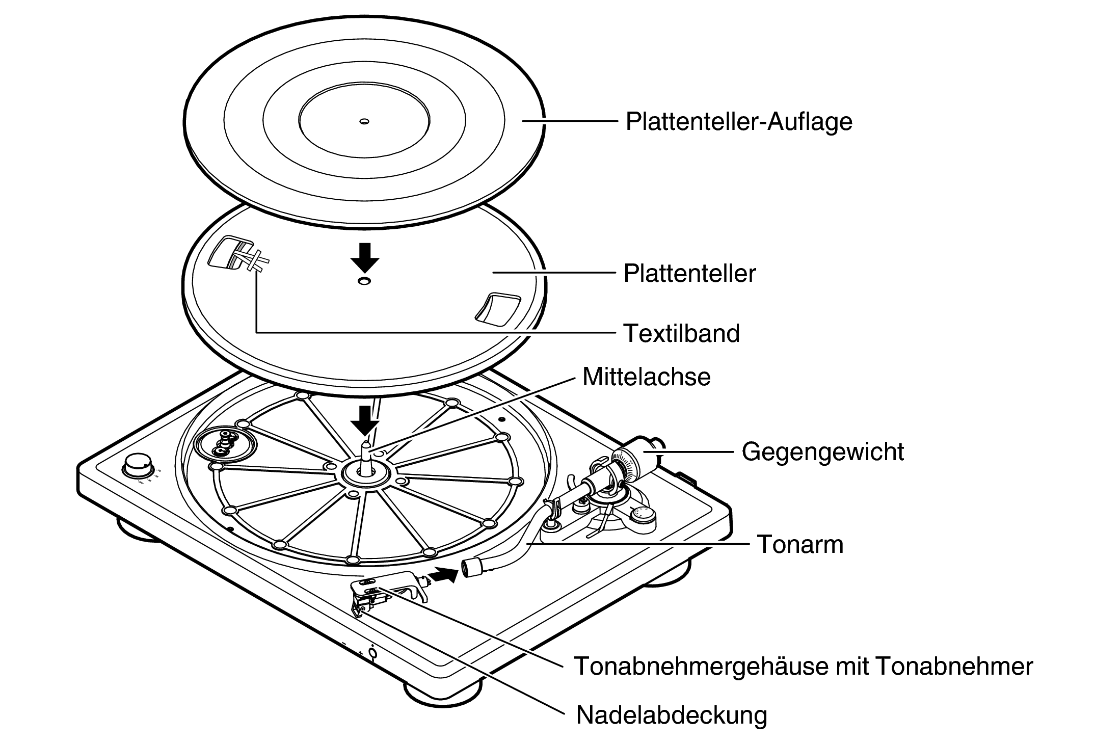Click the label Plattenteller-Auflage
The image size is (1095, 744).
pyautogui.click(x=738, y=122)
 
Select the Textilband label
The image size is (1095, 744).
pyautogui.click(x=681, y=334)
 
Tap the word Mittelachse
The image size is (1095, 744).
pyautogui.click(x=646, y=377)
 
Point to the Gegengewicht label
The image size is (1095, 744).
pyautogui.click(x=822, y=451)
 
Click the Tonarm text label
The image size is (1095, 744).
pyautogui.click(x=800, y=544)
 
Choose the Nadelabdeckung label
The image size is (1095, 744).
pyautogui.click(x=671, y=715)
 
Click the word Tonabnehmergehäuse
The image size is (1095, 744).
pyautogui.click(x=702, y=666)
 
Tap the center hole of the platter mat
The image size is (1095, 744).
pyautogui.click(x=364, y=121)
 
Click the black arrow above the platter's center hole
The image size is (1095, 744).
pyautogui.click(x=365, y=258)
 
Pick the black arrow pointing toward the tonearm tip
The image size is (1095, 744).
pyautogui.click(x=442, y=576)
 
